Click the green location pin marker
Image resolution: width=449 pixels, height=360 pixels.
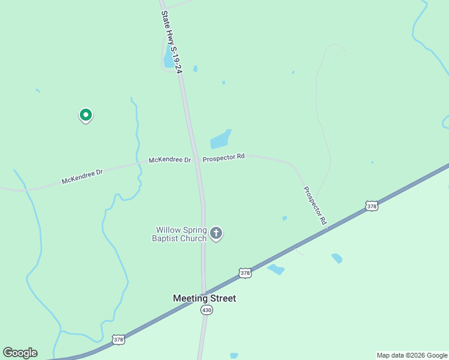click(86, 114)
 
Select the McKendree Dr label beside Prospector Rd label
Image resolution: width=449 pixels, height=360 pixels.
click(169, 160)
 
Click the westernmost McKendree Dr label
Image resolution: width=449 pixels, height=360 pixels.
click(82, 176)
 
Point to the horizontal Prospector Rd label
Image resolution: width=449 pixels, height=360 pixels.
click(223, 157)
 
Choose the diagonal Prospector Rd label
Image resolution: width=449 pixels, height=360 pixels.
click(315, 206)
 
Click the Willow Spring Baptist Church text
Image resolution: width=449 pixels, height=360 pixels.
click(181, 234)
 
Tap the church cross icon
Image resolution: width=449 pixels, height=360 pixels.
click(216, 233)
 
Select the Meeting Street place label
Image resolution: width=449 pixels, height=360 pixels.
click(204, 298)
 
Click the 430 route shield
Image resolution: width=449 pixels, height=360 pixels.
click(206, 310)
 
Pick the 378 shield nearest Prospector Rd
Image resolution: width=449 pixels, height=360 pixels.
click(372, 206)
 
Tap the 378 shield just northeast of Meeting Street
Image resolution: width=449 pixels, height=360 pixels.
click(244, 273)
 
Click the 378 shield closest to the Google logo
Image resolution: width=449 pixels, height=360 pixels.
click(119, 340)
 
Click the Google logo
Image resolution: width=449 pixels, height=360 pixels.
click(20, 353)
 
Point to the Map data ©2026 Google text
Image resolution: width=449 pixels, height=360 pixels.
click(412, 355)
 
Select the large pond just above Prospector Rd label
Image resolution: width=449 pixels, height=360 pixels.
click(220, 140)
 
